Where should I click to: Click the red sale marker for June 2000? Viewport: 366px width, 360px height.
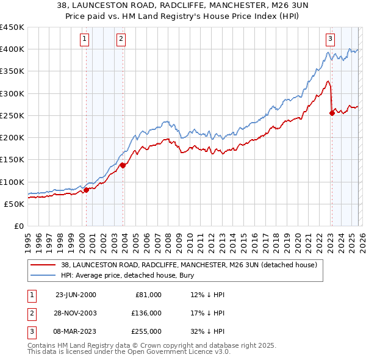[86, 190]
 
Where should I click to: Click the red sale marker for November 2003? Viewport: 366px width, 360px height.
[123, 165]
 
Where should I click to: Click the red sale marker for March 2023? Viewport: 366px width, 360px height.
[332, 112]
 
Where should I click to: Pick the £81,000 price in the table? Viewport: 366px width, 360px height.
[148, 294]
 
